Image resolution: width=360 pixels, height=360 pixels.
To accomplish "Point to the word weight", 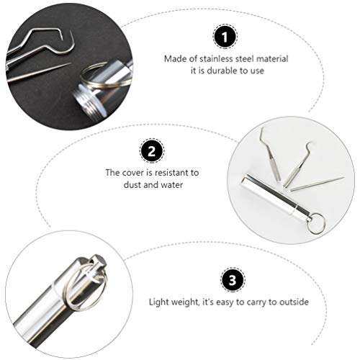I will pyautogui.click(x=185, y=302).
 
